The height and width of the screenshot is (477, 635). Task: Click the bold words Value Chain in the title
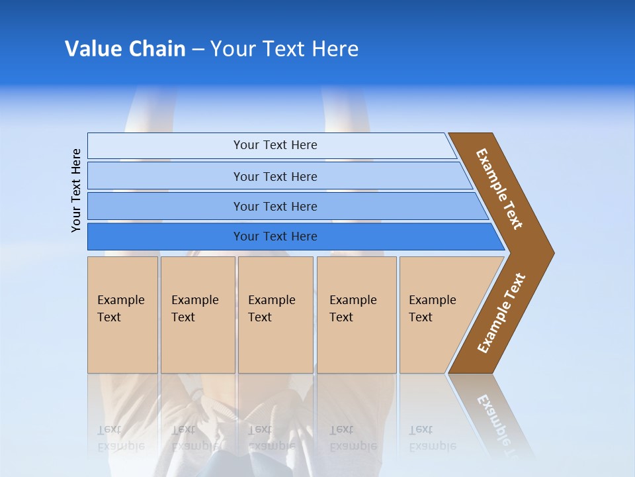[125, 48]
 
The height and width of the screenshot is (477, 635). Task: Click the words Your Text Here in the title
[284, 48]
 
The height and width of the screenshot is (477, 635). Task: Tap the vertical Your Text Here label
[76, 190]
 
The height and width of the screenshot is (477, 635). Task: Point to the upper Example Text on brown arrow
[499, 188]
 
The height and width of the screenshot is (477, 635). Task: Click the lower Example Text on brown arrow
[501, 313]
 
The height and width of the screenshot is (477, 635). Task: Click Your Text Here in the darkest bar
[275, 237]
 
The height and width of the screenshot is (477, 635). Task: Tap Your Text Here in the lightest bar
[275, 145]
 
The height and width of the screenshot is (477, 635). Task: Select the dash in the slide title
[198, 49]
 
